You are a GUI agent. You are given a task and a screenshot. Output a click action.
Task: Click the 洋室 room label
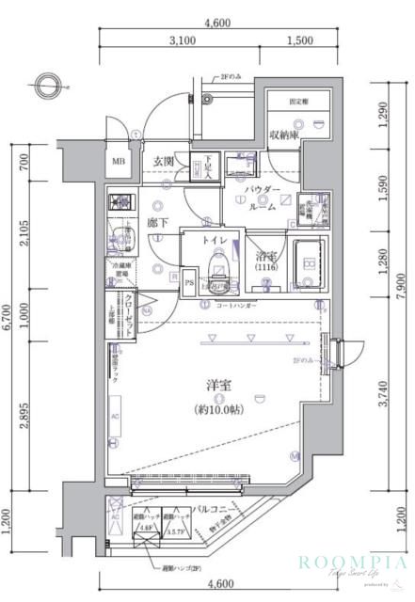pos(219,385)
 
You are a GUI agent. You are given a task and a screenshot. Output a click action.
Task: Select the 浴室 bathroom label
pos(265,255)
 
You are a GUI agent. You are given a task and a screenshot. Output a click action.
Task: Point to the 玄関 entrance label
pos(167,162)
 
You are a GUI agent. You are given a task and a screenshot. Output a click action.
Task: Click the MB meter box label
pos(120,161)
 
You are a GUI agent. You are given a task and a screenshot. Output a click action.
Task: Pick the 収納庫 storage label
pos(283,135)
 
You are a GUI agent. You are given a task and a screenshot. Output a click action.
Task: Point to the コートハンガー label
pos(236,306)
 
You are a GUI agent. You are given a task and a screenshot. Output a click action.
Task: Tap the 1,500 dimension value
pos(298,41)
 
